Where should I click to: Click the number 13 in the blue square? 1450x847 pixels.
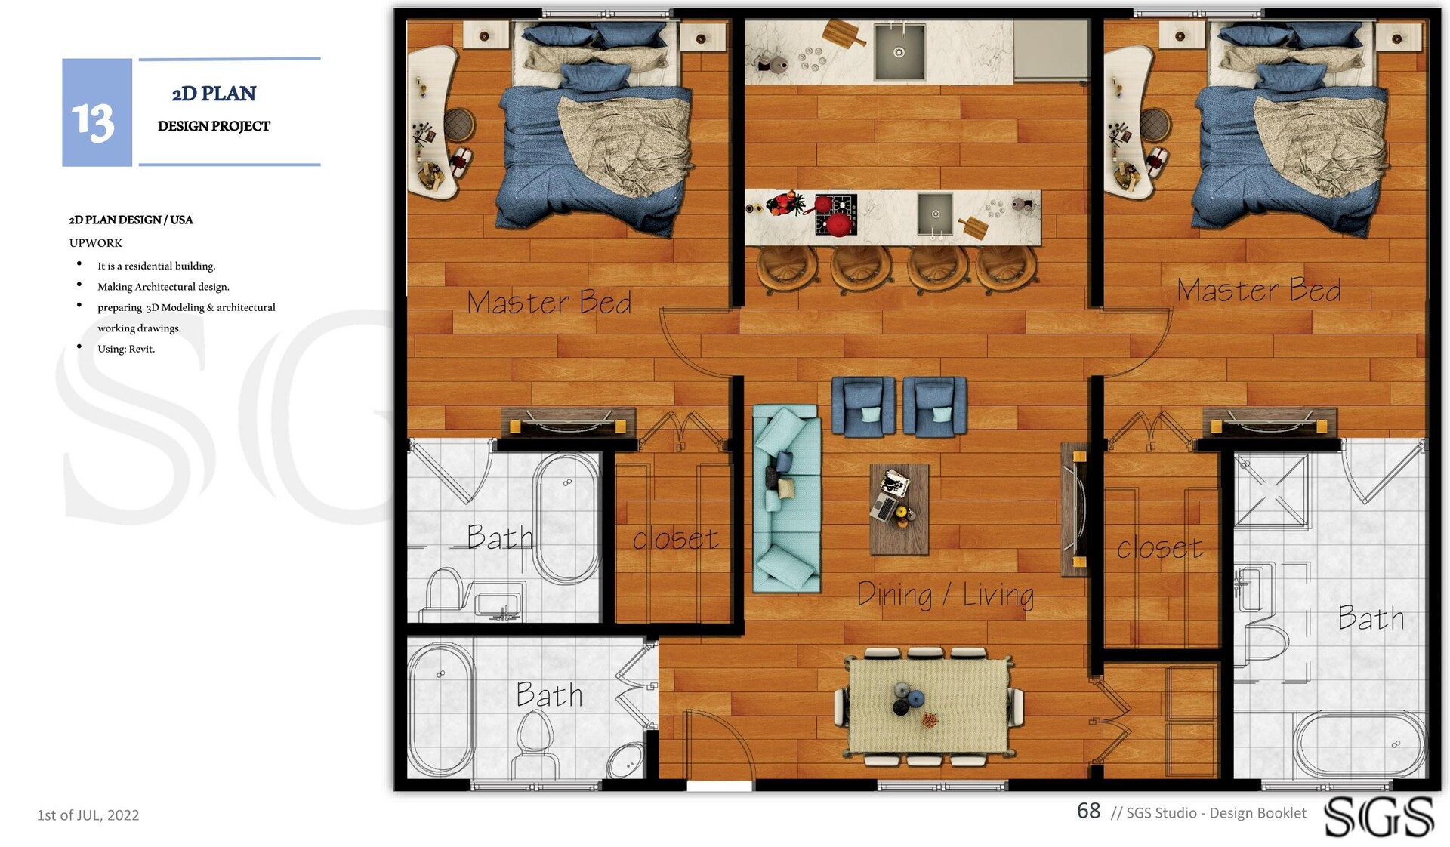click(x=93, y=122)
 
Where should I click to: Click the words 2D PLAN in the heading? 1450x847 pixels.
click(x=214, y=94)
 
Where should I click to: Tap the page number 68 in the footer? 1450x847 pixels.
click(x=1088, y=811)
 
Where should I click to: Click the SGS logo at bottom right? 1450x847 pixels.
click(x=1379, y=817)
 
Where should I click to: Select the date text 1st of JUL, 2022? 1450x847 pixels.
click(x=88, y=815)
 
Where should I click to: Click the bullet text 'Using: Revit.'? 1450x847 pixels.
click(x=126, y=349)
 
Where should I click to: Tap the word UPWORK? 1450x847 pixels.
click(x=95, y=243)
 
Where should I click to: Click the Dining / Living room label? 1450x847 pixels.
click(x=946, y=595)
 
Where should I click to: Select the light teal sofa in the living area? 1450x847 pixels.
click(x=787, y=499)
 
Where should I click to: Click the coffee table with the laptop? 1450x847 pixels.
click(x=899, y=509)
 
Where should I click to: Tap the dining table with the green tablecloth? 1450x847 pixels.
click(x=929, y=706)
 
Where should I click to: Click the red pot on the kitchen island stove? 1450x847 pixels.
click(x=838, y=224)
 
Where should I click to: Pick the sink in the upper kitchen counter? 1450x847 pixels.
click(x=899, y=51)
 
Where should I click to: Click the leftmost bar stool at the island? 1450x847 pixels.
click(x=787, y=269)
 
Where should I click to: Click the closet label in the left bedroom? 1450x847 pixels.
click(x=675, y=539)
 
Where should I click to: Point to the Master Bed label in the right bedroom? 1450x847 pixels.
click(x=1259, y=291)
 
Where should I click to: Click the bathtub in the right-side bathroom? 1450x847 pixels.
click(x=1359, y=744)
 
